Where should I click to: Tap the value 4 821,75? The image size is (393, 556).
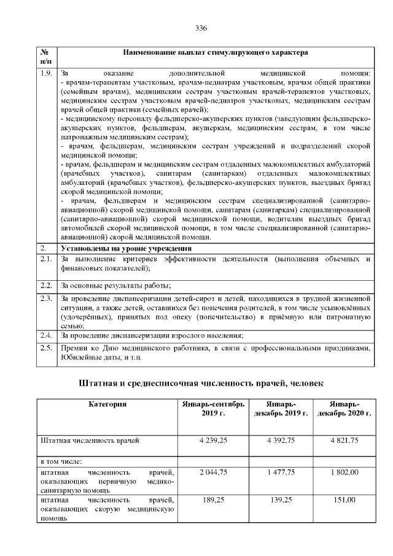pyautogui.click(x=344, y=440)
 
